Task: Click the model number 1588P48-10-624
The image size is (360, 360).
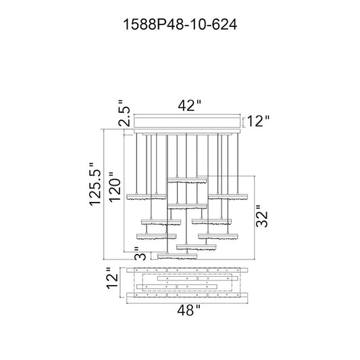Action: click(x=180, y=25)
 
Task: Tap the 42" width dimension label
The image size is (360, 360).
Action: click(x=190, y=106)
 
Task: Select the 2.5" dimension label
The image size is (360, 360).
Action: click(x=124, y=113)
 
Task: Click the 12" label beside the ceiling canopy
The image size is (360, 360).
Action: click(x=258, y=121)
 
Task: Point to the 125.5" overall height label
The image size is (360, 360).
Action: click(x=95, y=184)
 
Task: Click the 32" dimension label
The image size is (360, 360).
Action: click(x=262, y=216)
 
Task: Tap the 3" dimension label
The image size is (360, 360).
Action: click(x=140, y=253)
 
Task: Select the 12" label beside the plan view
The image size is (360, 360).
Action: click(x=112, y=278)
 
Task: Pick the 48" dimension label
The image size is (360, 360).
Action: click(x=189, y=311)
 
